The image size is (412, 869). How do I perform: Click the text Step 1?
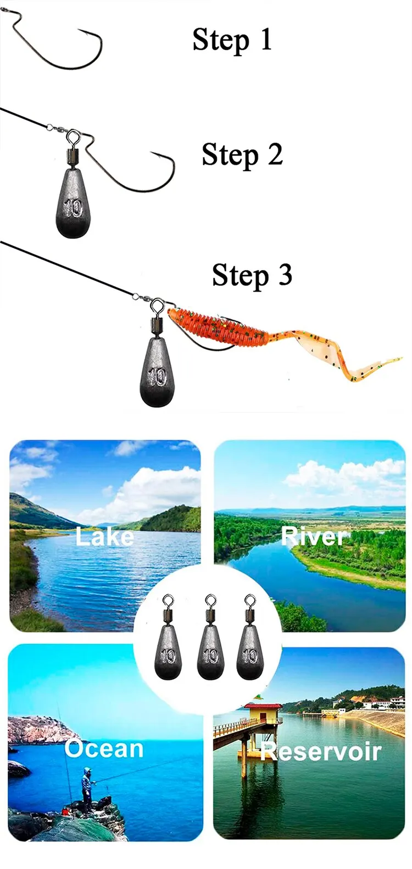point(232,40)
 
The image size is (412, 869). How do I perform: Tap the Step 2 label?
point(242,155)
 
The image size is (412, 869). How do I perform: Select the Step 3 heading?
point(252,275)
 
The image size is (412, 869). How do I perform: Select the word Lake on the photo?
point(104,537)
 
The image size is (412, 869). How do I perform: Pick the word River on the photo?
point(314,536)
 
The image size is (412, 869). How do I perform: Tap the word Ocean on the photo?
point(104,749)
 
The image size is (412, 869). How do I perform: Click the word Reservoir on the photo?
point(321,751)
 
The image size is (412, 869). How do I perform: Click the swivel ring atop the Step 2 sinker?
point(73,134)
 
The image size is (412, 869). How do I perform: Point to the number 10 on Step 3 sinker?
point(158,377)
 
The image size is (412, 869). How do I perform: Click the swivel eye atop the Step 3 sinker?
point(157,304)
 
